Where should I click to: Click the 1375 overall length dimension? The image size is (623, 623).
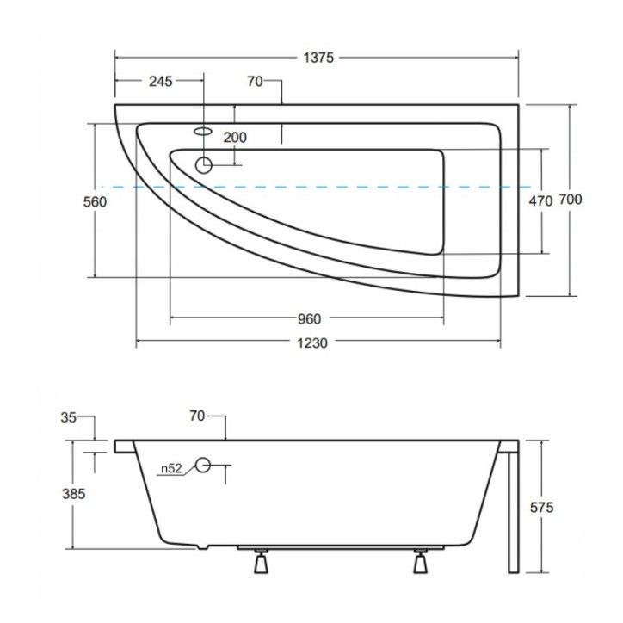click(318, 58)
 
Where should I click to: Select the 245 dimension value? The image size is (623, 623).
click(161, 82)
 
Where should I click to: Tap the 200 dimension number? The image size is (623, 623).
click(235, 138)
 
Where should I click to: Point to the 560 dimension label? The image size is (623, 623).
click(95, 202)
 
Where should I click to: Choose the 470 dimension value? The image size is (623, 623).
click(540, 201)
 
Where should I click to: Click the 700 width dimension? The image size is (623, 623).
click(571, 199)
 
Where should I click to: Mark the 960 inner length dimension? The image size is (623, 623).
click(309, 318)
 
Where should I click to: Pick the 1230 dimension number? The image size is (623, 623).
click(312, 342)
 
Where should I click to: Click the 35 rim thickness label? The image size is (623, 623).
click(68, 417)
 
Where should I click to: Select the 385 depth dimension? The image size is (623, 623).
click(74, 494)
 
